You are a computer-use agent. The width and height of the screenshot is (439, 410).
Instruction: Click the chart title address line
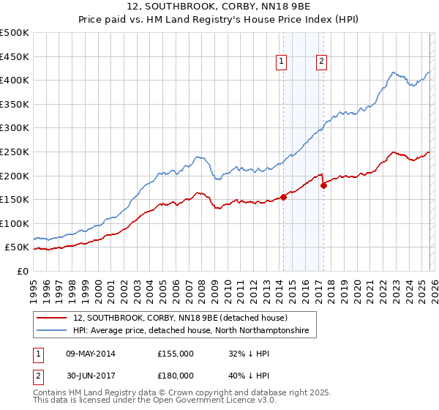(219, 7)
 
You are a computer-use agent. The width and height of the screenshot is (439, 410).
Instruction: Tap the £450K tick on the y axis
(15, 56)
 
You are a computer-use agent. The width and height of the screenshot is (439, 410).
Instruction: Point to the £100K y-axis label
(15, 223)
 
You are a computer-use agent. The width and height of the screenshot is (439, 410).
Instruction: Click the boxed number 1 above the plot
(282, 62)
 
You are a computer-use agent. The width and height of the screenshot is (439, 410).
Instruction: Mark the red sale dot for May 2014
(283, 197)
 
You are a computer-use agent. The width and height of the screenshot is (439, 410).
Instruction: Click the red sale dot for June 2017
(323, 185)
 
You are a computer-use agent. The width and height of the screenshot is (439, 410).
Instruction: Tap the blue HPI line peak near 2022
(393, 72)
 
